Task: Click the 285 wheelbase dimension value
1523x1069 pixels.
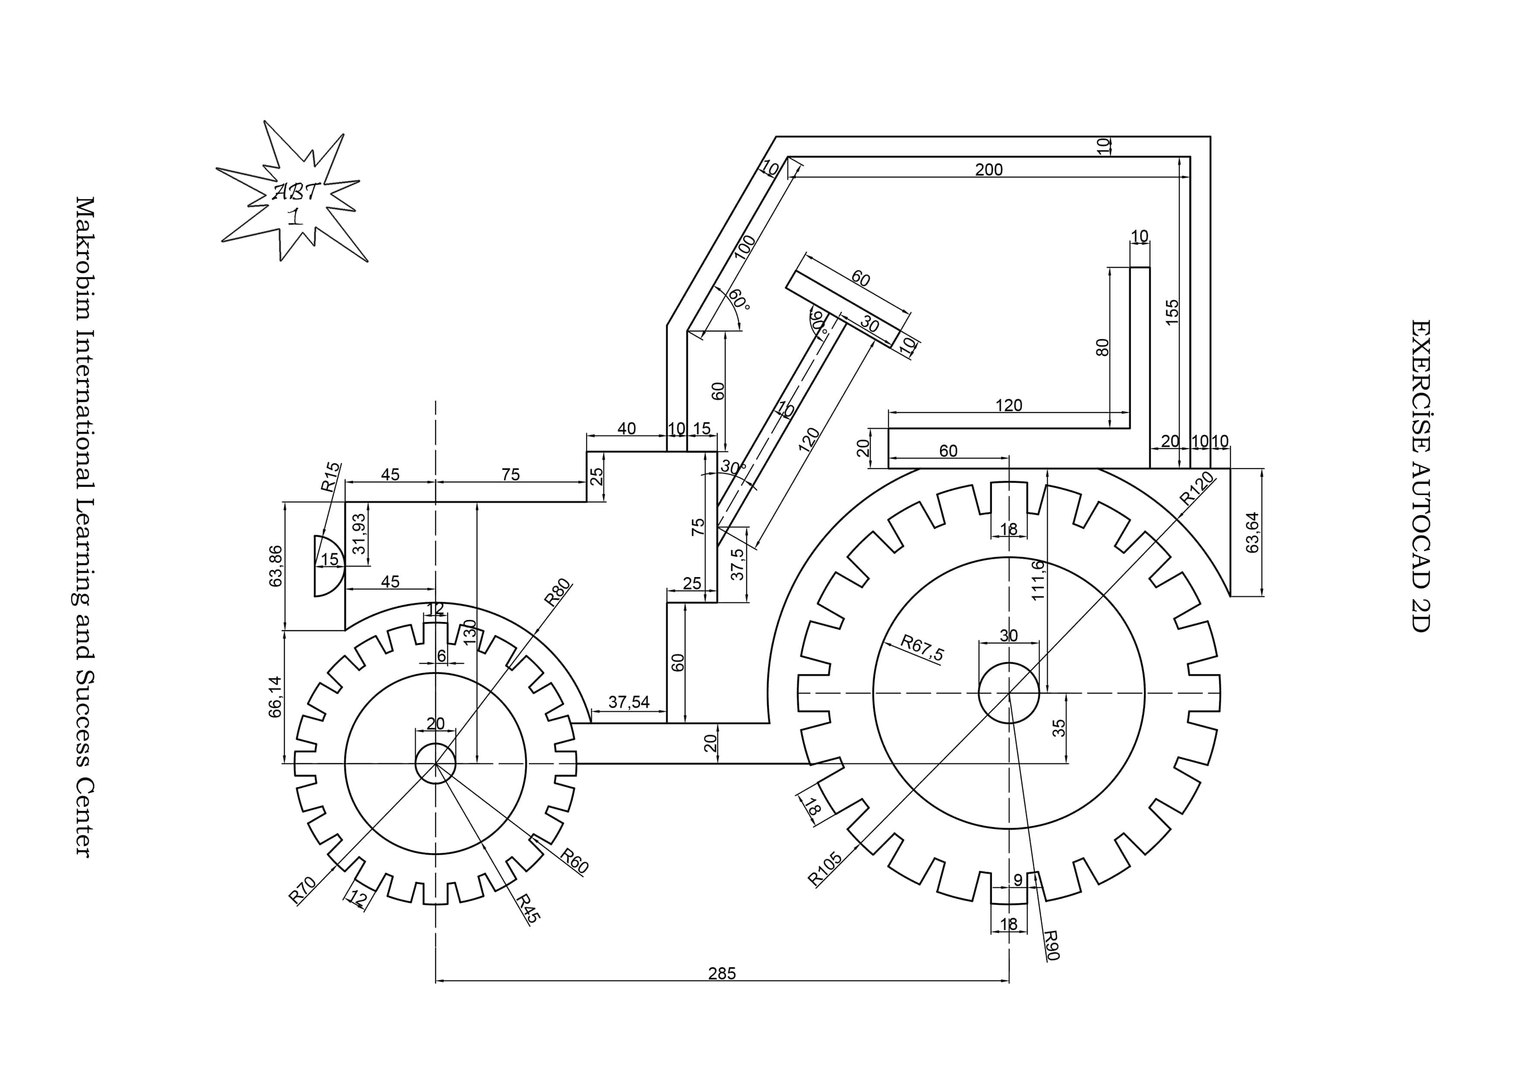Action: point(722,974)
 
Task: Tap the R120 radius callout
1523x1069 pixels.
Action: point(1197,489)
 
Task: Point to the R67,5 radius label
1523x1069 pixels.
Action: point(922,647)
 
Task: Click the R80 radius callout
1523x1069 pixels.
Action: point(557,592)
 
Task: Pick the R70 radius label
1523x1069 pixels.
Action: point(302,890)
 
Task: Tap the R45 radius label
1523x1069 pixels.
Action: point(529,908)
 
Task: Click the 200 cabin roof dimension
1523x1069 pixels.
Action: point(989,170)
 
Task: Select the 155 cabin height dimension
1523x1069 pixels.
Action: point(1173,312)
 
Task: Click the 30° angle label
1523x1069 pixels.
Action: point(733,467)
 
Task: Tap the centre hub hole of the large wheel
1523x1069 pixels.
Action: point(1008,693)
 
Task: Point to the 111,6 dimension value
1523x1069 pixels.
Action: point(1038,580)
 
